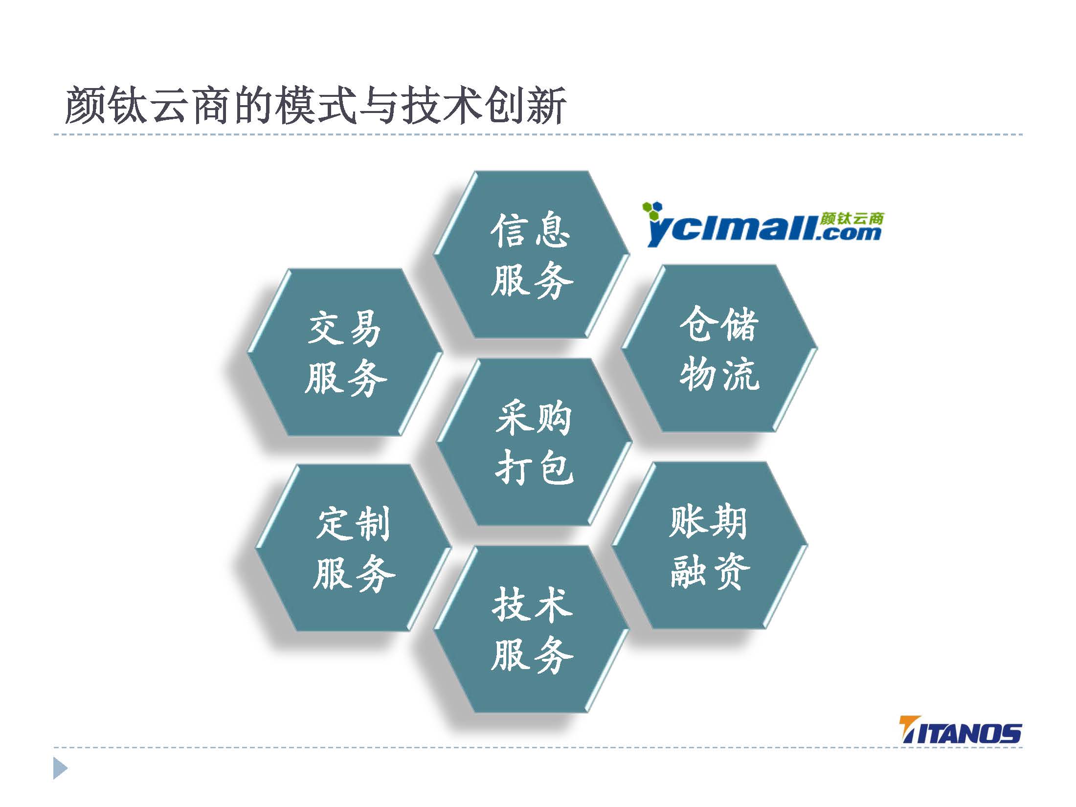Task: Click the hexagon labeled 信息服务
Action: pos(532,254)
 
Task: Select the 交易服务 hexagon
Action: pos(345,352)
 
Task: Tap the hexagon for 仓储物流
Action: pos(719,348)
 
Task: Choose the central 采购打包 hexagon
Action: pos(534,442)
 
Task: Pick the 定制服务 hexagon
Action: pos(353,548)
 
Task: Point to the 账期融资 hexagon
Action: pos(710,545)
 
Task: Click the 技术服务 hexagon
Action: pos(531,629)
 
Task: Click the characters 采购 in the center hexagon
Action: pos(534,419)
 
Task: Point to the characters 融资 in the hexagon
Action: pos(710,571)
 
